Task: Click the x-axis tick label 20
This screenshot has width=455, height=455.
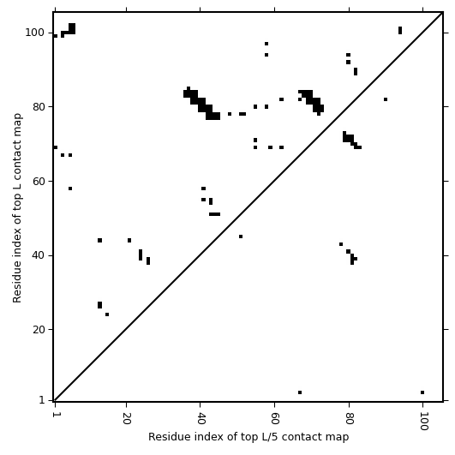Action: pos(126,418)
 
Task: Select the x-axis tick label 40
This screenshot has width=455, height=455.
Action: pos(201,418)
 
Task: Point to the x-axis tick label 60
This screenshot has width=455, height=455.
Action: pos(274,418)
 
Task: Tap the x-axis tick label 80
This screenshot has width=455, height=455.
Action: pos(349,418)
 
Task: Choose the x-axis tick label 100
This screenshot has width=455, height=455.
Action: pos(423,422)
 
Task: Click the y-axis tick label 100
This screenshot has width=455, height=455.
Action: pos(34,33)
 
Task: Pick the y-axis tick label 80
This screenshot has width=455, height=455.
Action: pos(38,107)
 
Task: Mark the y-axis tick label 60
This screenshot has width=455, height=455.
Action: pos(38,181)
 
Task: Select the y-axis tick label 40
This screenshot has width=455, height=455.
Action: pos(38,255)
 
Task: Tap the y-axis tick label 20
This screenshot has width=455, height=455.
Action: pos(38,330)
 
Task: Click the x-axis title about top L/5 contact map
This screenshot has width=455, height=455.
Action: pos(248,437)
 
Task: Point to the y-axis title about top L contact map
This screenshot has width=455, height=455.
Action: pos(17,207)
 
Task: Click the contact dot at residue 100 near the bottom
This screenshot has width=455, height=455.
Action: pos(422,392)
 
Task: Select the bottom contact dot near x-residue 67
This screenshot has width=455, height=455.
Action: pos(300,392)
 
